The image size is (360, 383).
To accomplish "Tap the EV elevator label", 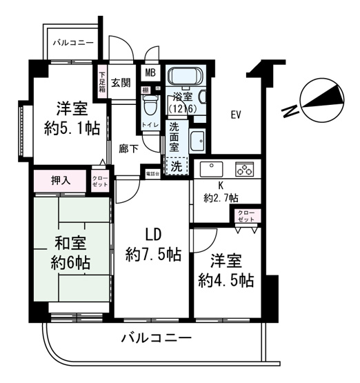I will coord(234,115).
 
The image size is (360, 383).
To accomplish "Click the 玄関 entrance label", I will coord(121,84).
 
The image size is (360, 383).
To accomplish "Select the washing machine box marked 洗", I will coord(177,166).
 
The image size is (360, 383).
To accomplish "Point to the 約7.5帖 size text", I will coord(154,255).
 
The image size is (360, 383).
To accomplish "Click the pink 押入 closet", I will coord(60,181).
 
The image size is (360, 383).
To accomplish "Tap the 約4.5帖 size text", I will coord(226,280).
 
